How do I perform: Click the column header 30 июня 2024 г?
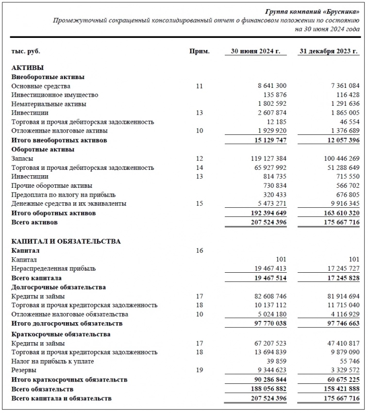255,51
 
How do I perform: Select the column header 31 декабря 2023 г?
329,51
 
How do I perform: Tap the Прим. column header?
199,51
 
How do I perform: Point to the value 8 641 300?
272,86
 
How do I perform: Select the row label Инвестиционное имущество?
55,95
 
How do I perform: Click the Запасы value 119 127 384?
265,159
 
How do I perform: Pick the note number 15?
199,204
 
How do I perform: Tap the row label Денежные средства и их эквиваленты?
69,204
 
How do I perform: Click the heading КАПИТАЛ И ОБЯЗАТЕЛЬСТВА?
66,241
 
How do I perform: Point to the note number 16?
199,250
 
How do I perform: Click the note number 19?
199,370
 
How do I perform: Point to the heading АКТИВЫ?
27,68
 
